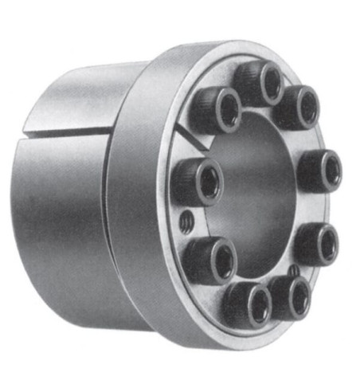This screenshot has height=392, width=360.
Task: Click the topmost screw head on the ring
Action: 257,80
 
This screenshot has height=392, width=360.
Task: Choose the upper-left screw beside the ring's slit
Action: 216,111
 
